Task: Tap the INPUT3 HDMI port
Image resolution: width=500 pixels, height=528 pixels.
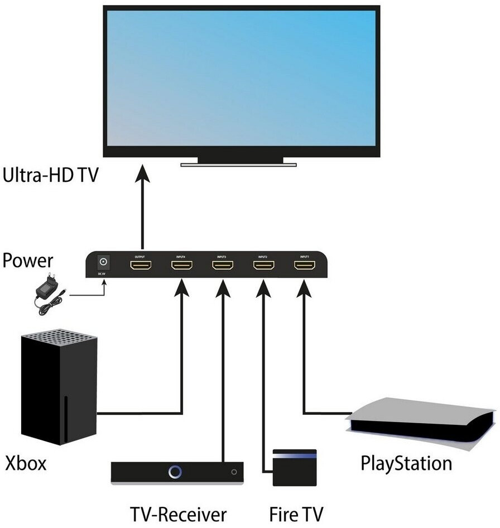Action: click(223, 266)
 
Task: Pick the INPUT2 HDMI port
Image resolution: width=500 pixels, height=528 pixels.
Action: click(264, 266)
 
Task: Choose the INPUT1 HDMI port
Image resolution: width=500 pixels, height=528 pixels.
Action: click(305, 266)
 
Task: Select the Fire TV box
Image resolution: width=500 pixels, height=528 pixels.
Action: click(294, 467)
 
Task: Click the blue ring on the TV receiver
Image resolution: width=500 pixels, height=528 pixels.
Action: click(176, 472)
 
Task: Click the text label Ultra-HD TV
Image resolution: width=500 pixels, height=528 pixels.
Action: click(50, 176)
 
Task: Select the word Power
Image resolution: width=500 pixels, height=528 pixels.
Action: click(28, 260)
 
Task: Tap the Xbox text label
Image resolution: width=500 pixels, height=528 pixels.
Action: click(26, 463)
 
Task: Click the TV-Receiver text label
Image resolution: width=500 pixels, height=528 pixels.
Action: click(178, 513)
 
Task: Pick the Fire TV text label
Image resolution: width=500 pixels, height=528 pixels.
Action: click(296, 513)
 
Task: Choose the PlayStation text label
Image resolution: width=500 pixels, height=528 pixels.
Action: click(406, 463)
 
